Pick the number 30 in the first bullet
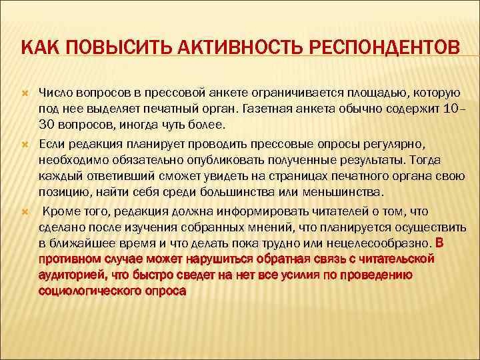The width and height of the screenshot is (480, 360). tap(48, 125)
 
